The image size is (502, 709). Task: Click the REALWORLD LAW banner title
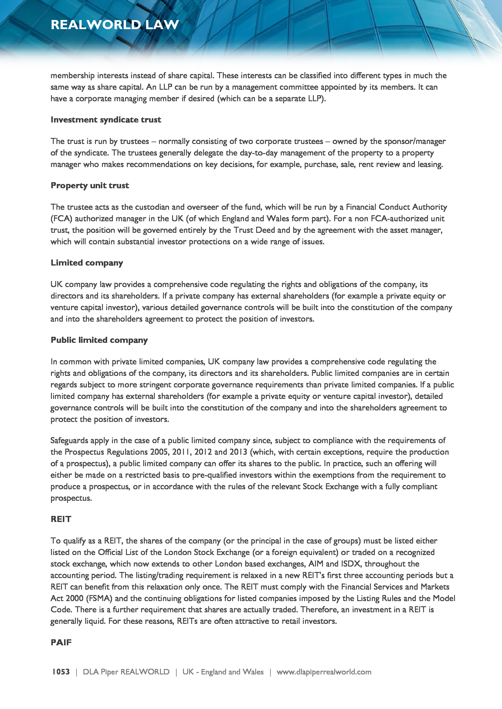pos(115,25)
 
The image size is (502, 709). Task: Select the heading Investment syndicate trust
pos(106,120)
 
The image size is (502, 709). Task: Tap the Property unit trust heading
pos(90,186)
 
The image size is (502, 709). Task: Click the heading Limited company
pos(87,263)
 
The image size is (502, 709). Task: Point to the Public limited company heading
pos(99,340)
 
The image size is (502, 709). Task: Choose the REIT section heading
pos(61,519)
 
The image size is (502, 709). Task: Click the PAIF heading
pos(61,642)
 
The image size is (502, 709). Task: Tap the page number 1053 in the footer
pos(61,672)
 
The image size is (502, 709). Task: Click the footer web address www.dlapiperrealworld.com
pos(324,672)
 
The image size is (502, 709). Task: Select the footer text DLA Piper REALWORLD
pos(126,672)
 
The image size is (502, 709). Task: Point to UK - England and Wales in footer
pos(223,672)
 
